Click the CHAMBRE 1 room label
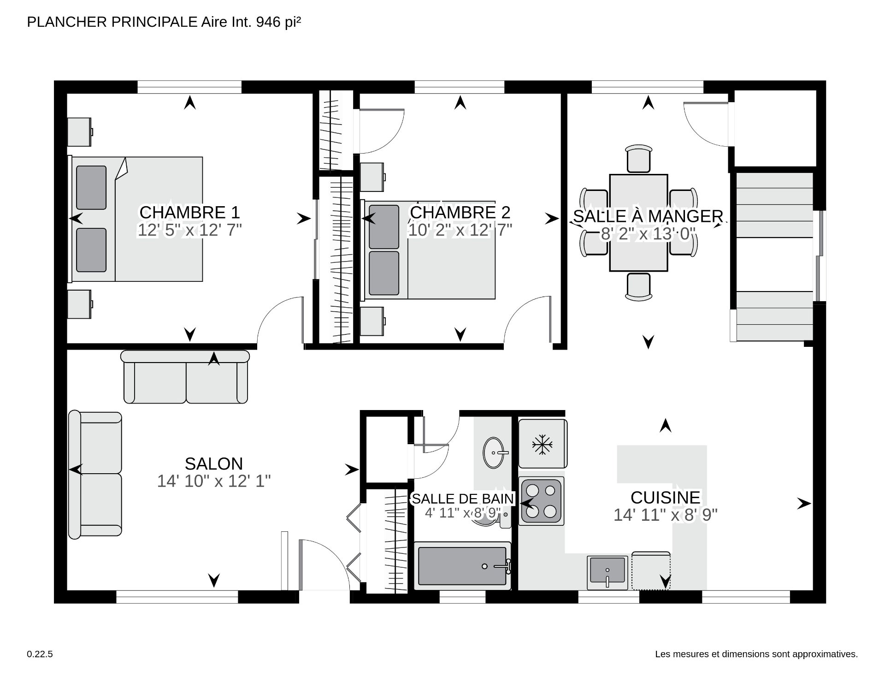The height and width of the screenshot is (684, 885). tap(189, 213)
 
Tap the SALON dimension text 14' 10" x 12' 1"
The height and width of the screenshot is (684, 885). tap(213, 482)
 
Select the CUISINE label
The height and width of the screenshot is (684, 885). tap(665, 498)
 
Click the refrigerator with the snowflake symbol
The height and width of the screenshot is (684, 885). tap(542, 444)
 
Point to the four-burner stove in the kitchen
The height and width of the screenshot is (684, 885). tap(542, 501)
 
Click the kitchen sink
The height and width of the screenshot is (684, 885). tap(608, 571)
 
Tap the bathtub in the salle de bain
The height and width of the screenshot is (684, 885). tap(462, 566)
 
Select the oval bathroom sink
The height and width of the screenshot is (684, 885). tap(494, 452)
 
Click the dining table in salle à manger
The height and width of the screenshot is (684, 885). tap(638, 223)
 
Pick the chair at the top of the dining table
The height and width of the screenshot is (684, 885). tap(638, 158)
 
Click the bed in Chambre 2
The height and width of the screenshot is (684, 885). tap(429, 250)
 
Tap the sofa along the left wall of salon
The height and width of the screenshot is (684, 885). tap(95, 474)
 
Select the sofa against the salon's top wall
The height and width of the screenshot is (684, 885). tap(185, 377)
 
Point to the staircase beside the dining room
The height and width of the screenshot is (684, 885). tap(774, 256)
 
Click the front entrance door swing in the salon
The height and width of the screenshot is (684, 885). tap(323, 565)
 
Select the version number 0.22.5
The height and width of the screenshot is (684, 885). tap(40, 654)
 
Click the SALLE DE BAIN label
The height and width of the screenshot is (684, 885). tap(462, 499)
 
